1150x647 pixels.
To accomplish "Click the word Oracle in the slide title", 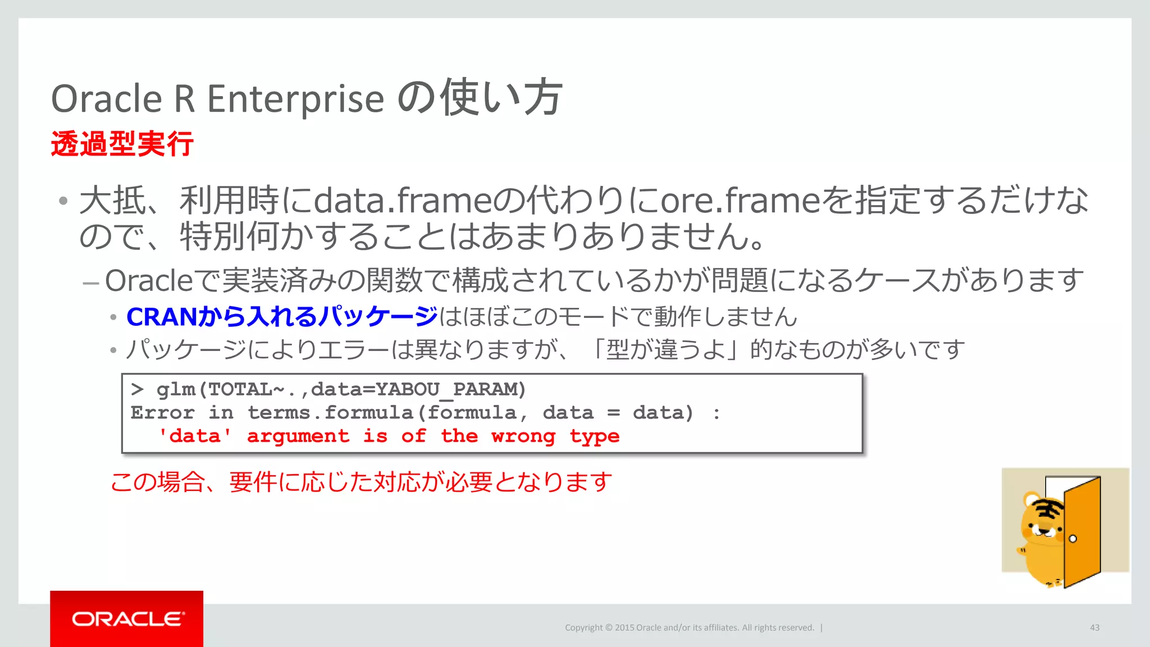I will (x=107, y=99).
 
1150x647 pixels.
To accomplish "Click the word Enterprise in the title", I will (x=295, y=99).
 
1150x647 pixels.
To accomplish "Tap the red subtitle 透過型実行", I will (x=122, y=144).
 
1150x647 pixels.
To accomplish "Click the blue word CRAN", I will (x=162, y=317).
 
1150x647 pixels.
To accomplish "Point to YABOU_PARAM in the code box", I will (x=450, y=389).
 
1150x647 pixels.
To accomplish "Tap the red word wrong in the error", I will (x=523, y=436).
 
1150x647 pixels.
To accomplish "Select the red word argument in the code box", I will (x=298, y=436).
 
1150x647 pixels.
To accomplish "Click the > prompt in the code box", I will (x=138, y=389).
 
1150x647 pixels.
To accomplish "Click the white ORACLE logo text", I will (x=127, y=619).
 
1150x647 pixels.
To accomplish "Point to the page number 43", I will (x=1094, y=627).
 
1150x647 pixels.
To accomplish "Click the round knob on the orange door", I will (x=1073, y=539).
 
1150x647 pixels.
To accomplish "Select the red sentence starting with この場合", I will (x=361, y=482).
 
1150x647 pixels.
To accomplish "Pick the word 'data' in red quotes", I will (x=195, y=436).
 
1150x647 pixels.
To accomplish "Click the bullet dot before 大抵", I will (x=63, y=201).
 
